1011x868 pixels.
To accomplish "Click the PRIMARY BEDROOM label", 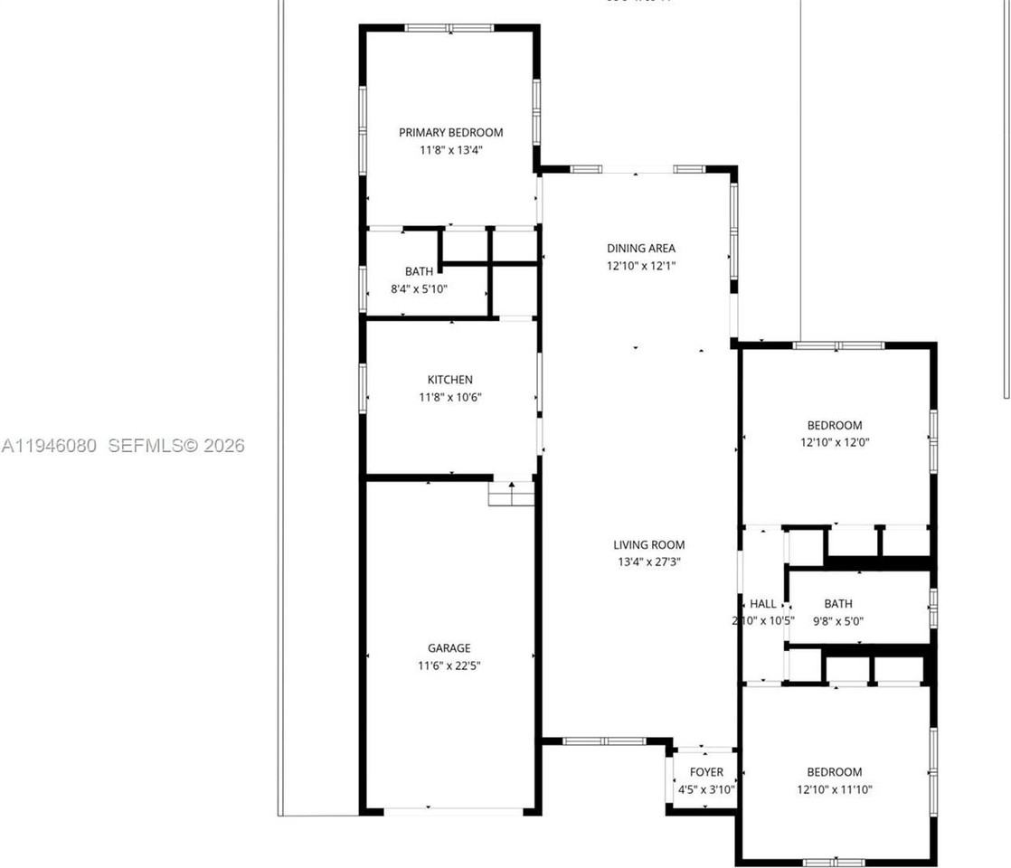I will tap(450, 133).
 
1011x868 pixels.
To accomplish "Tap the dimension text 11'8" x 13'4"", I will tap(450, 151).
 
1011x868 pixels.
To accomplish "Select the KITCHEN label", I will tap(449, 380).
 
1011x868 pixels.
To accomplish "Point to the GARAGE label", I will tap(449, 648).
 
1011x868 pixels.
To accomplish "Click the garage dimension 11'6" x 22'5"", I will tap(449, 666).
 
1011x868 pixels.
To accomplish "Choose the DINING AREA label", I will tap(640, 249).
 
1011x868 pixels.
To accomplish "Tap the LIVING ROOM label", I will tap(648, 545).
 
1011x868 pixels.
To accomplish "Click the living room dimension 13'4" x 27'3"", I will tap(648, 562).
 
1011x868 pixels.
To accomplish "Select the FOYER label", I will tap(706, 772).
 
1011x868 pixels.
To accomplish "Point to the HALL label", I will tap(762, 604).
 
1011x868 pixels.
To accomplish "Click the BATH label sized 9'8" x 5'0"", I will tap(837, 604).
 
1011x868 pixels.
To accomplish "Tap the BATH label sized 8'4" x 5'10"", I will tap(419, 271).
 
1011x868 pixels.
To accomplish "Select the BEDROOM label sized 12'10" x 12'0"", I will tap(834, 425).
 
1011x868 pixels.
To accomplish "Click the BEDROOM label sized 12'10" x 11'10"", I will tap(834, 772).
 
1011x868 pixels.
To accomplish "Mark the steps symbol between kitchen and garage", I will tap(511, 494).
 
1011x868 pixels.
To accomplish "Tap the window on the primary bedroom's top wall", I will tap(449, 28).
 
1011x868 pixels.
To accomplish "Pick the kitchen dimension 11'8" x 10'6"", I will tap(449, 397).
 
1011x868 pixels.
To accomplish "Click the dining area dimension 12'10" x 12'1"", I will tap(640, 267).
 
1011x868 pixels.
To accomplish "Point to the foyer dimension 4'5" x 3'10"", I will tap(706, 789).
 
